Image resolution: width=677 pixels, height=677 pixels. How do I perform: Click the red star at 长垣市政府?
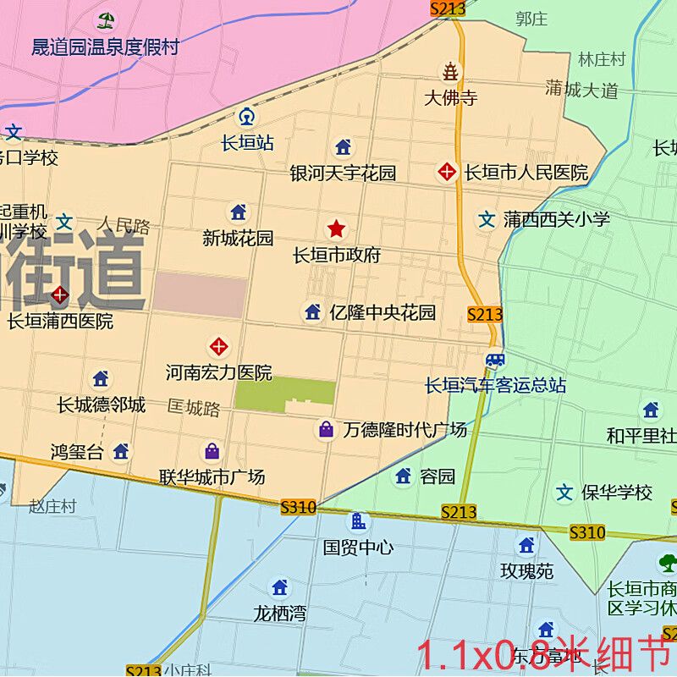(336, 228)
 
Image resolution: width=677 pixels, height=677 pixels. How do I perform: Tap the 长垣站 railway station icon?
(246, 117)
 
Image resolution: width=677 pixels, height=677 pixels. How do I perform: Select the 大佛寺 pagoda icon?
(451, 71)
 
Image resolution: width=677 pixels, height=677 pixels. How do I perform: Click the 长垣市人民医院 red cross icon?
(446, 173)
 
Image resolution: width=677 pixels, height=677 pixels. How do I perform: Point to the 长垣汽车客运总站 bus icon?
(495, 361)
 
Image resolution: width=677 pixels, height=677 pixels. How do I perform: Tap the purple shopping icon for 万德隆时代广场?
(326, 430)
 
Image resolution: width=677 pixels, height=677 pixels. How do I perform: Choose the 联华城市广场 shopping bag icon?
(212, 451)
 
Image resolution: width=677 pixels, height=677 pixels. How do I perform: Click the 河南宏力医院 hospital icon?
(219, 346)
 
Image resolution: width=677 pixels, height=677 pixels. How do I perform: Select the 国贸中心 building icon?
(359, 521)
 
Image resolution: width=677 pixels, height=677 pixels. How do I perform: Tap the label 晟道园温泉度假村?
(105, 47)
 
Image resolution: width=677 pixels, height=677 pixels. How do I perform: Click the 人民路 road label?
(124, 226)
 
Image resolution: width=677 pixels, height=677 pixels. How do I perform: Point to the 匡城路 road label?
(194, 410)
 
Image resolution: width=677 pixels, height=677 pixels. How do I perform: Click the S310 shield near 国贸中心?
(298, 508)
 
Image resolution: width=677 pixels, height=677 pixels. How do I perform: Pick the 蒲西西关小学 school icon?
(487, 220)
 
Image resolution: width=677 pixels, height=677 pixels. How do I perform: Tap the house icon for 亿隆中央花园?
(313, 312)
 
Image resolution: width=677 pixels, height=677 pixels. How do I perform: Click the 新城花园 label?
(238, 239)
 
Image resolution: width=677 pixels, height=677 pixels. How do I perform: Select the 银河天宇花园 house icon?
(343, 147)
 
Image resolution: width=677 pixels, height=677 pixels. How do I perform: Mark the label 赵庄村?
(52, 506)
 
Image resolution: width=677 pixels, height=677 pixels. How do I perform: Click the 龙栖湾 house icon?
(280, 587)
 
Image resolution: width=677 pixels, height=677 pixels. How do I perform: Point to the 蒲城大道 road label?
(582, 90)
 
